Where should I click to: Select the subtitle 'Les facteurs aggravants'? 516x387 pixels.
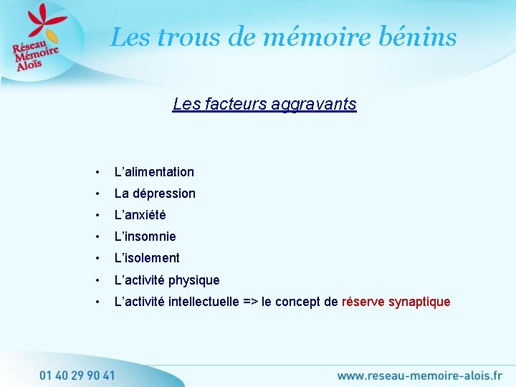(x=264, y=105)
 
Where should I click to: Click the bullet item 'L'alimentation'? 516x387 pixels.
(x=154, y=172)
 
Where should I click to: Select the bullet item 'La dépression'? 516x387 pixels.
(x=155, y=193)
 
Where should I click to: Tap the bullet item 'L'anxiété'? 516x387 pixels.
(x=140, y=215)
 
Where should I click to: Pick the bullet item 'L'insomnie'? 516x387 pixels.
(x=145, y=236)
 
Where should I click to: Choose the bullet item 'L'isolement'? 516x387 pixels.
(x=147, y=258)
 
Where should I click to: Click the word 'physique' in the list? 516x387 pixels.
(x=194, y=280)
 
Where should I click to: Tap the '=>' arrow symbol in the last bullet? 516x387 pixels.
(x=251, y=302)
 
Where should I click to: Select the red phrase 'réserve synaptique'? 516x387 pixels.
(x=396, y=302)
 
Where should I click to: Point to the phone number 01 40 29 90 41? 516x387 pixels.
(x=77, y=375)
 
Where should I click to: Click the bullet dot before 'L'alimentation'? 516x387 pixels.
(x=97, y=172)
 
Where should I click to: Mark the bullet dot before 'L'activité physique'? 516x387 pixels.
(x=97, y=280)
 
